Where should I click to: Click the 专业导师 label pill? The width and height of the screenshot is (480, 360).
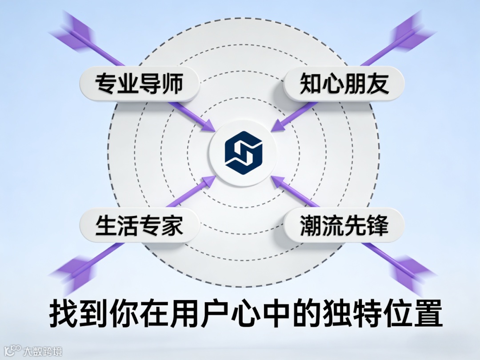tap(139, 84)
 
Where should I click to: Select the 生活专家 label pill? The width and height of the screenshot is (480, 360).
tap(139, 225)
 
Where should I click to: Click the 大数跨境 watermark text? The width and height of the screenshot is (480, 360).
tap(43, 351)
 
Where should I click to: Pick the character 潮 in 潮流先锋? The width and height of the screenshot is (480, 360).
tap(312, 225)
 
